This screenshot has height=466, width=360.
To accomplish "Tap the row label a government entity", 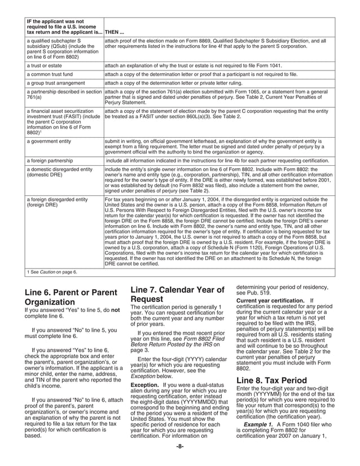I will [x=51, y=140].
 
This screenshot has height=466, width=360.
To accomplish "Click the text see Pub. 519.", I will [x=253, y=293].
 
